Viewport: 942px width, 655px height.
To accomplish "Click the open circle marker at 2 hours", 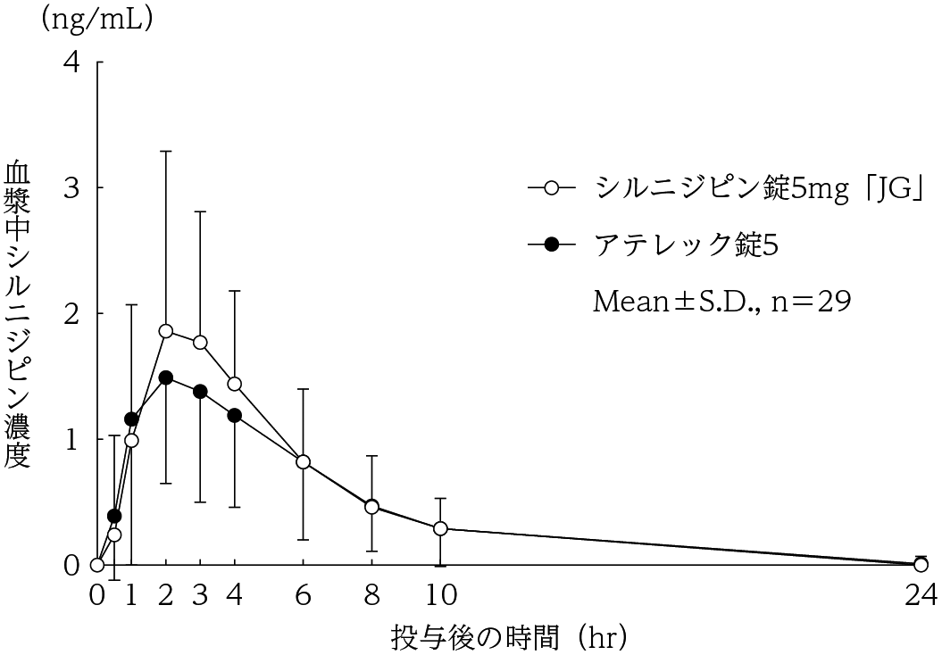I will (166, 331).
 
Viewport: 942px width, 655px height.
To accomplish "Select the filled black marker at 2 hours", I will (166, 377).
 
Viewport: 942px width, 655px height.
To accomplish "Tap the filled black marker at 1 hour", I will (131, 419).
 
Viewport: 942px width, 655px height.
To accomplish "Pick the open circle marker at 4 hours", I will (235, 384).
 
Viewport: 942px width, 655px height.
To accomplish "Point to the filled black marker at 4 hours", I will (235, 415).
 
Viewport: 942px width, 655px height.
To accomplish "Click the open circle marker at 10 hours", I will (440, 528).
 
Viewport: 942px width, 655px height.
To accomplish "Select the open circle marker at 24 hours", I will (921, 564).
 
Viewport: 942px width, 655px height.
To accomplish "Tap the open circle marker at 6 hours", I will (304, 461).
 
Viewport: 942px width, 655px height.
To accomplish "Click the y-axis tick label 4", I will (71, 62).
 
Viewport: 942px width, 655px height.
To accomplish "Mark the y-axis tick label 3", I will (71, 188).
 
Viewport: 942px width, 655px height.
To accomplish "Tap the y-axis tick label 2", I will (71, 314).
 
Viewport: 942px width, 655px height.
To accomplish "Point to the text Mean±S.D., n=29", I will (722, 302).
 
